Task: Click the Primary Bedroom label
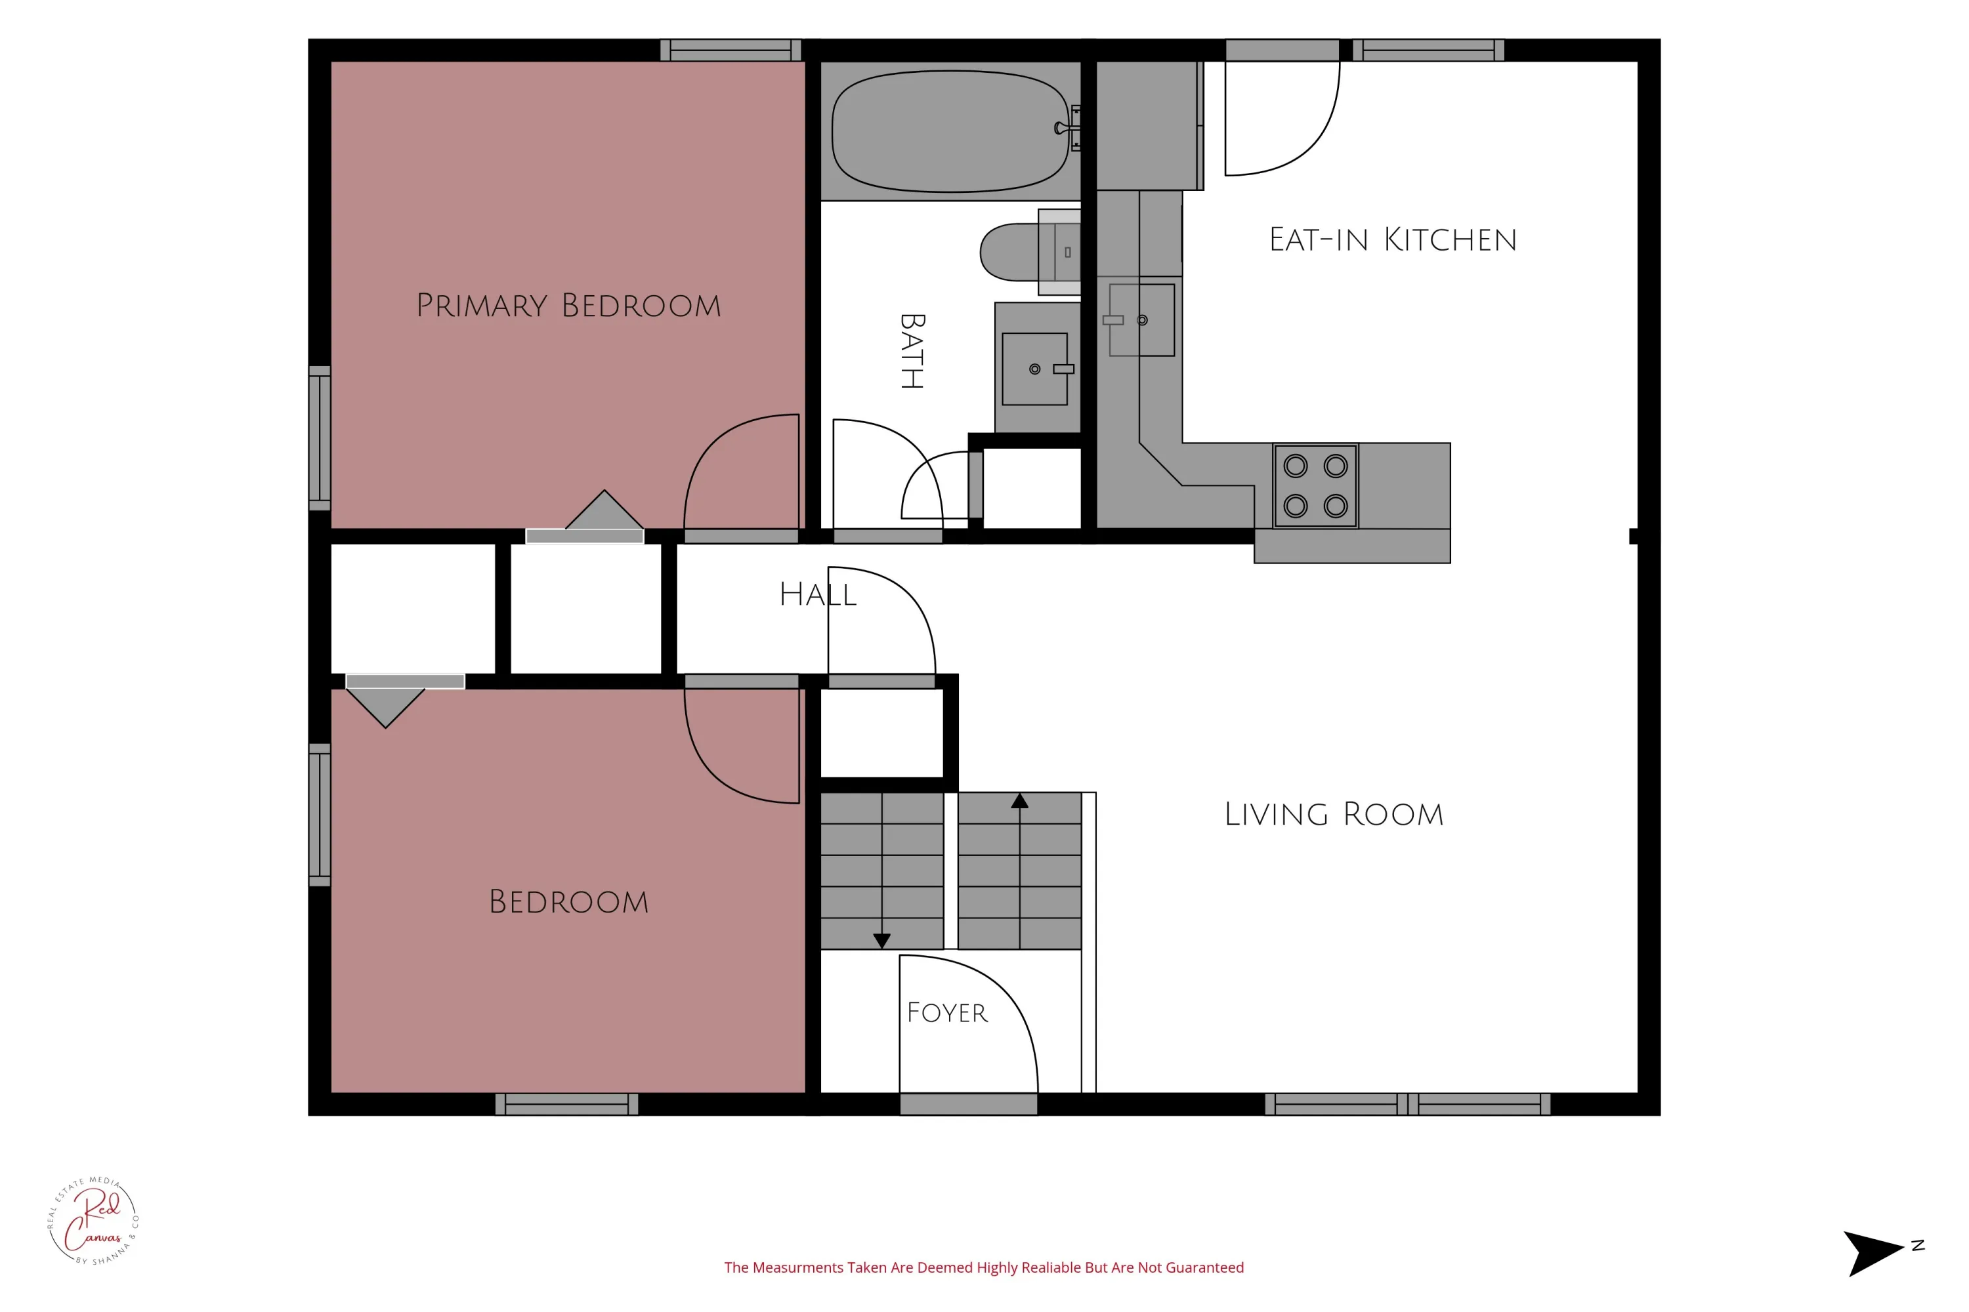click(568, 306)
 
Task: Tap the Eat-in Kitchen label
click(1392, 240)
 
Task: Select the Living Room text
click(1334, 814)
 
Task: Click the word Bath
click(912, 352)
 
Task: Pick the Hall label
click(818, 595)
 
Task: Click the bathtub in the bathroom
click(951, 131)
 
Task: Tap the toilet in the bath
click(1030, 252)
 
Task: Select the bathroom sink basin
click(1035, 369)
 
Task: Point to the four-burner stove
click(1316, 486)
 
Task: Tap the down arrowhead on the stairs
click(881, 941)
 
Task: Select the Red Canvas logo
click(93, 1221)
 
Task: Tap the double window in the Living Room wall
click(1407, 1105)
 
